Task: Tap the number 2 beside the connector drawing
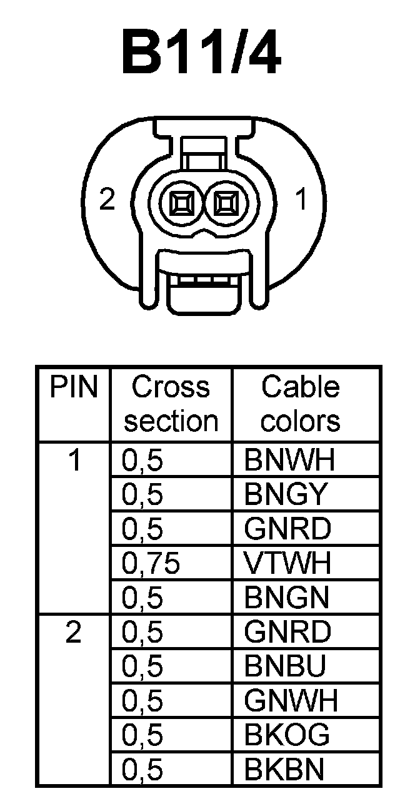point(108,201)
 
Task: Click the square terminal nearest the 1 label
point(226,203)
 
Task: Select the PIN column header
point(74,388)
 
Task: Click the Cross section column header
point(171,404)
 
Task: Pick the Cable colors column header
point(301,404)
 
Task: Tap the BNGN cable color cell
point(287,598)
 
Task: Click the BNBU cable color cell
point(286,667)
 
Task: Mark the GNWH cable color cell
point(291,701)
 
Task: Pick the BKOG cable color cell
point(287,735)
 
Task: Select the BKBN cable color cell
point(285,770)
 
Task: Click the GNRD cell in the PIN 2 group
point(287,633)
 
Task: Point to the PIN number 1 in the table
point(75,461)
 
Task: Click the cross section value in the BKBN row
point(142,770)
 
